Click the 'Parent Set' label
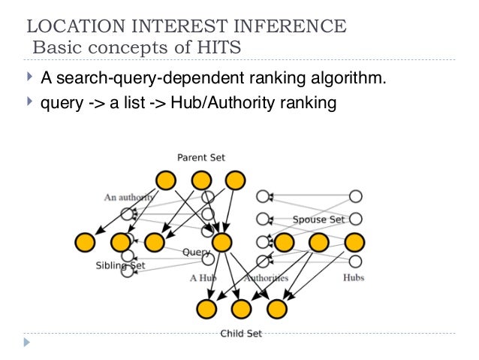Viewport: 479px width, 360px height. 200,157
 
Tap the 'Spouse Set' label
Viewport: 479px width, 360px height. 319,219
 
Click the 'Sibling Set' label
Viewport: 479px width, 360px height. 120,265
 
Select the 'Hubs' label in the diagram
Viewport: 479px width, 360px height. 354,277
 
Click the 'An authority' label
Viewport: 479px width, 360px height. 129,197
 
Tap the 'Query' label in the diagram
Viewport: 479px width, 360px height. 197,253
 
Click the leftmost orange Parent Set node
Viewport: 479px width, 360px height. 166,180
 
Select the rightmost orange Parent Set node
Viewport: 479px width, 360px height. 235,180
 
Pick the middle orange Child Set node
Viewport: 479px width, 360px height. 241,308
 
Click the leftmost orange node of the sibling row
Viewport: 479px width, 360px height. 85,242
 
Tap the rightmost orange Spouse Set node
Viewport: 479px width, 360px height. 354,242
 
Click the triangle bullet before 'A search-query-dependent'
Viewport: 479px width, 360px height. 29,77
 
